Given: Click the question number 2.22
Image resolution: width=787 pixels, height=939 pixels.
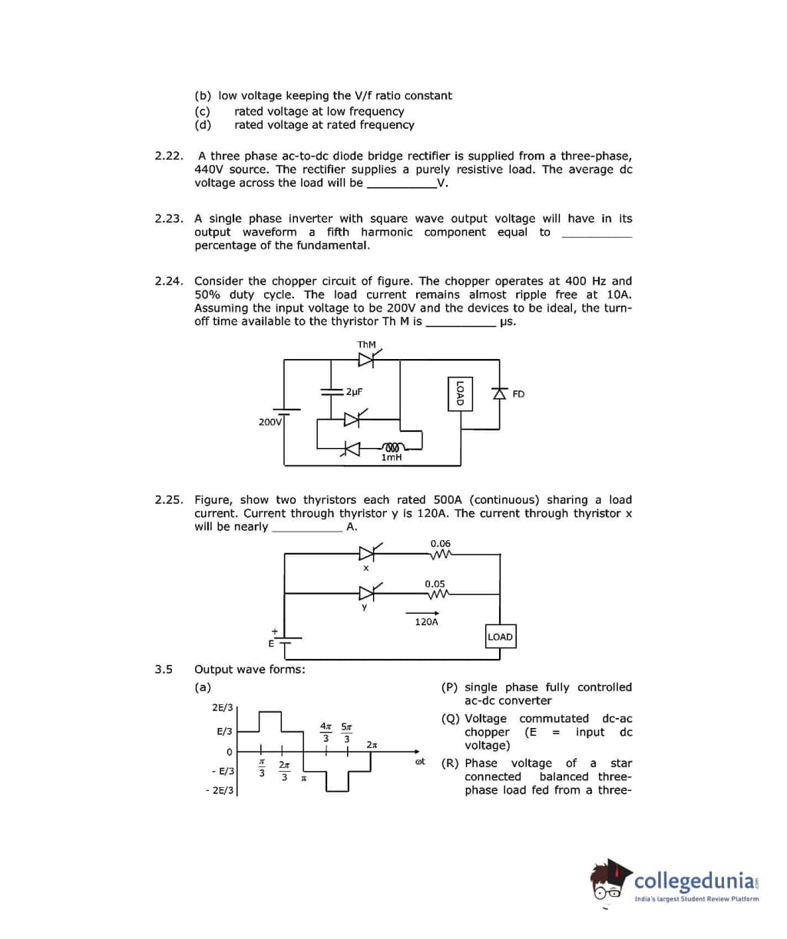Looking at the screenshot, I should [x=168, y=156].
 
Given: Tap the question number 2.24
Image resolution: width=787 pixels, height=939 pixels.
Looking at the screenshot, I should [x=168, y=282].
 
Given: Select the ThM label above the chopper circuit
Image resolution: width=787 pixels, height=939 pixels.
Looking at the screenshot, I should [x=367, y=345].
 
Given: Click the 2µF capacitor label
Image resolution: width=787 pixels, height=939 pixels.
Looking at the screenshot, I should [x=354, y=391].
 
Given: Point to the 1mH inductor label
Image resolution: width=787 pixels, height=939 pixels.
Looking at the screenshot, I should [x=392, y=457].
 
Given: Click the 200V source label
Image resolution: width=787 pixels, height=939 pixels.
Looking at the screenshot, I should [x=270, y=422].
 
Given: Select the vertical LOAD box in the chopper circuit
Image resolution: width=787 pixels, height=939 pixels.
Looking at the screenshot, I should [x=459, y=393].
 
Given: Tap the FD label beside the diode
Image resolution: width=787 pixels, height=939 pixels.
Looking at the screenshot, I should [x=518, y=394].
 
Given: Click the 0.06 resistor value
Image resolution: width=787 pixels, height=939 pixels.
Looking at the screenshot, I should [x=441, y=543].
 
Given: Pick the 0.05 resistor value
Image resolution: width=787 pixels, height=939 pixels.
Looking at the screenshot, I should [x=435, y=584].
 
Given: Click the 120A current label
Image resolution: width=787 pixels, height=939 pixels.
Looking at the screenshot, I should [x=426, y=622].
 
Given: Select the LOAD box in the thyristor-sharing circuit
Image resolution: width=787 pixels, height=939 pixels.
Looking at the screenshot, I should [x=500, y=637].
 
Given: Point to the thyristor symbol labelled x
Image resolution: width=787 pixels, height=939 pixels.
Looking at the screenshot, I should [x=368, y=552].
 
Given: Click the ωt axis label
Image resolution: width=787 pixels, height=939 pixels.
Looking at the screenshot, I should [x=420, y=762].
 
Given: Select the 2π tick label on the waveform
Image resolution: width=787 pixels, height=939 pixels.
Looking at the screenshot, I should [x=372, y=745].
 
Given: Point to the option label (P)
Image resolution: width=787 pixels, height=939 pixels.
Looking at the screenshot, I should [x=451, y=687].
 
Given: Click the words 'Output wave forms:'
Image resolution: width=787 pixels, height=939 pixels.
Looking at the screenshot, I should [x=250, y=670].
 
